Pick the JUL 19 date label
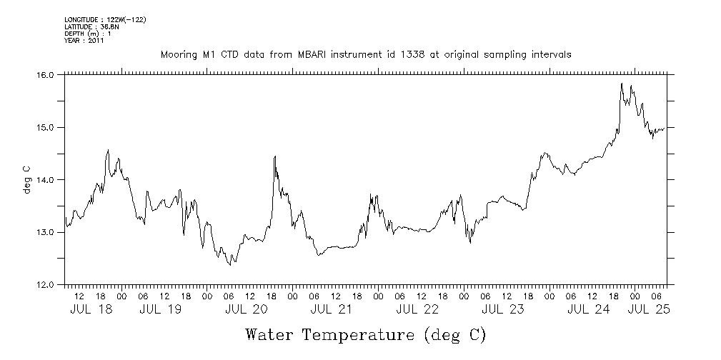pos(161,310)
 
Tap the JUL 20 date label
pos(246,310)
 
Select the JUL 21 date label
pos(332,310)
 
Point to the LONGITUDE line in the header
pos(105,19)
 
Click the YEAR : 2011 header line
pos(84,41)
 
